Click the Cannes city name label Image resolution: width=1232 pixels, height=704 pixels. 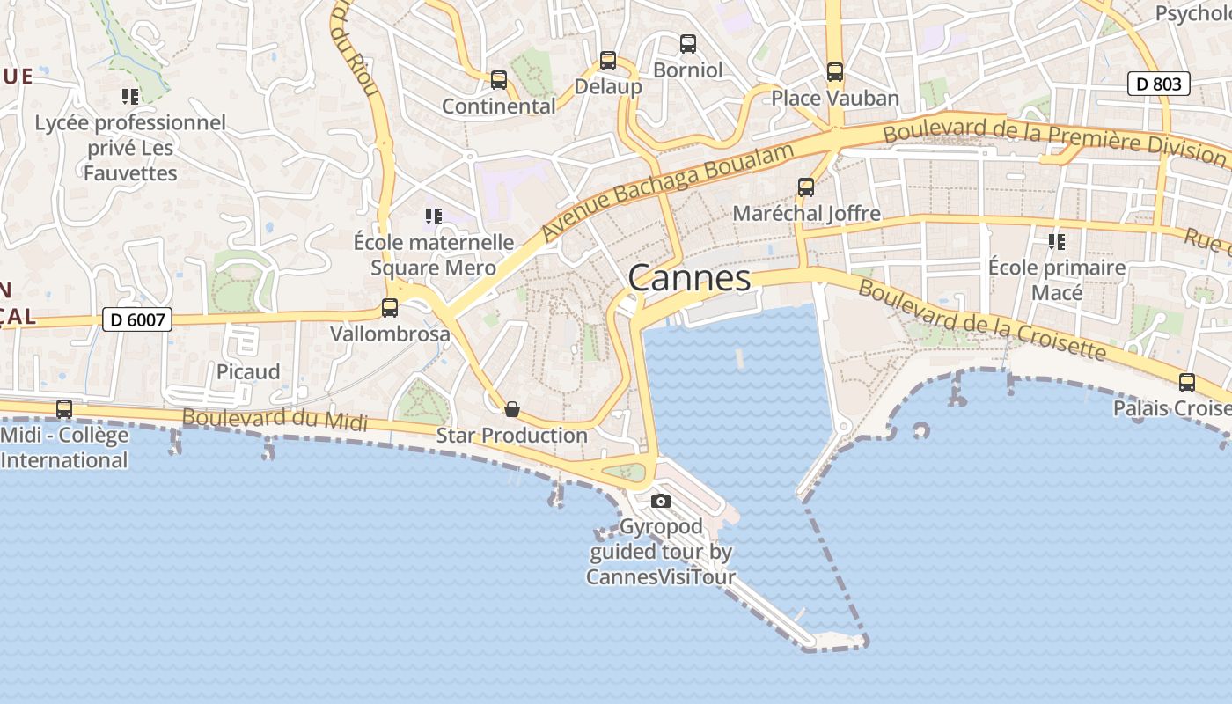point(689,278)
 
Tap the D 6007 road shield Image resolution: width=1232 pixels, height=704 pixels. point(137,319)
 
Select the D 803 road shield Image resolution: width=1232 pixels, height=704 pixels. point(1158,84)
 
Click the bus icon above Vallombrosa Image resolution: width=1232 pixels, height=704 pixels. point(390,308)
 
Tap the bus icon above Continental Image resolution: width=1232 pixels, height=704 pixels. point(499,80)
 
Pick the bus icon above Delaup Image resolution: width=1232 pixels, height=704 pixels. point(608,61)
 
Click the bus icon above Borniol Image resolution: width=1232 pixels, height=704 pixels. point(688,43)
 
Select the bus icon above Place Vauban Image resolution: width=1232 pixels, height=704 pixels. point(835,72)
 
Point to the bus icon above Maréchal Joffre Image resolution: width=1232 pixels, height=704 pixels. point(806,187)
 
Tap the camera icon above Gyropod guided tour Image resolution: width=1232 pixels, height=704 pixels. point(660,502)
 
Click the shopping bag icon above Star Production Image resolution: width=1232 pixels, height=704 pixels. point(512,409)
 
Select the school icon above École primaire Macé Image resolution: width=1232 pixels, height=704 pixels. point(1057,241)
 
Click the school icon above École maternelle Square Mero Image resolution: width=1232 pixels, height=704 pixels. point(433,216)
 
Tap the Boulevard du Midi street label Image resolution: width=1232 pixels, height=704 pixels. point(275,419)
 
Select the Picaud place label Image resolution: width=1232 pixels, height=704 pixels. point(248,371)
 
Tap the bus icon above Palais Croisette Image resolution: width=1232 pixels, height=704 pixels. point(1186,383)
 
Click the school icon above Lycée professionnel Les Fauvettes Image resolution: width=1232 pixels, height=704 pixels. point(130,97)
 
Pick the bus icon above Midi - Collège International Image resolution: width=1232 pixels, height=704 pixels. point(64,409)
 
